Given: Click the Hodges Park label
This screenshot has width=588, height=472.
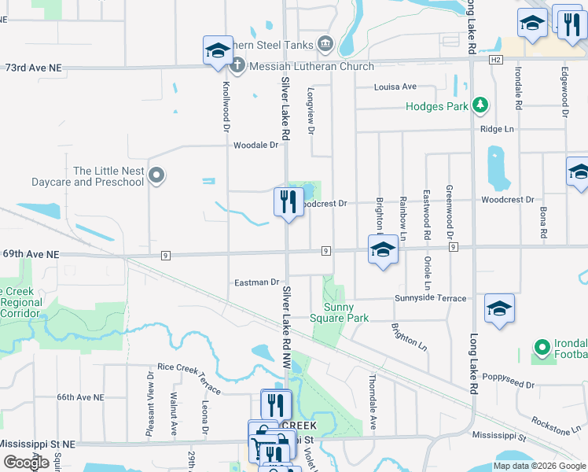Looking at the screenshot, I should [x=437, y=106].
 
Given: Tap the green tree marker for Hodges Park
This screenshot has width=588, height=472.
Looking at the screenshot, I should [x=480, y=105].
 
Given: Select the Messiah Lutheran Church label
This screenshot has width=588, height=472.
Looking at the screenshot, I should [x=311, y=67].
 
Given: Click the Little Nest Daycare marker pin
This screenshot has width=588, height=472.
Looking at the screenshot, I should [x=156, y=175].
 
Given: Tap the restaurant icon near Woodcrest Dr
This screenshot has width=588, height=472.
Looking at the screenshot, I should [x=288, y=201].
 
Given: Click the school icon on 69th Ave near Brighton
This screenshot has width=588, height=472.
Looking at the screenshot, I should [x=383, y=249].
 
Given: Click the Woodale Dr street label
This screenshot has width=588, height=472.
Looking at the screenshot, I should [x=256, y=145].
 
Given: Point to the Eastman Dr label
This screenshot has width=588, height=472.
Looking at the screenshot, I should [x=257, y=282].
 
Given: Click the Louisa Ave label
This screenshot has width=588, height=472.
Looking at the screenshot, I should [x=395, y=87].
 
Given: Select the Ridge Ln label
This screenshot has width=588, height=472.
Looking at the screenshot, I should [x=497, y=128].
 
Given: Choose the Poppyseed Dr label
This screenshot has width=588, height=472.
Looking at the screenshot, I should [x=509, y=385].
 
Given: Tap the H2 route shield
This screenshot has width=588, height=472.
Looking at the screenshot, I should [x=494, y=60].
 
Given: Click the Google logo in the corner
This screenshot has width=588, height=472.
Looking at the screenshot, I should [x=26, y=463].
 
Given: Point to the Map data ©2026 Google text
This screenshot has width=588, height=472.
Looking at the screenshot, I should [x=539, y=466].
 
